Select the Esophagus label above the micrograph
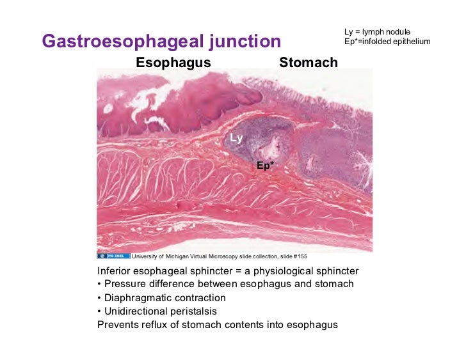pos(173,63)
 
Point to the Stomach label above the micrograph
pos(308,63)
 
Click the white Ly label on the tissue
pos(236,137)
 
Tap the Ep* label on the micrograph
pos(265,166)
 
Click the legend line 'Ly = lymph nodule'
pos(377,32)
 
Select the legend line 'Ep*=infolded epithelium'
pos(387,42)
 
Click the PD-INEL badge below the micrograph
pos(113,256)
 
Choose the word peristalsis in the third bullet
pos(193,311)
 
